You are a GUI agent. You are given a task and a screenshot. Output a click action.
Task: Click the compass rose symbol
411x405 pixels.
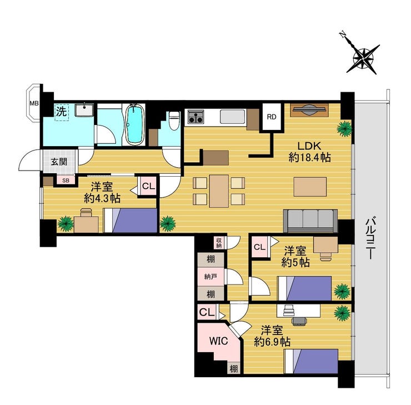coord(363,58)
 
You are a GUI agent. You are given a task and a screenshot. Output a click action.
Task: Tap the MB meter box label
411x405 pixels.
coord(34,103)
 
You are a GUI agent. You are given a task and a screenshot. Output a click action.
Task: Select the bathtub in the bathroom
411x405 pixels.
coord(135,124)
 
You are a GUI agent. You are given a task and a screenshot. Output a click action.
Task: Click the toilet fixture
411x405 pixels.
coord(174,121)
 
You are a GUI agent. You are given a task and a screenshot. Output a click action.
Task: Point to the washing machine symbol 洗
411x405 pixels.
coord(62,112)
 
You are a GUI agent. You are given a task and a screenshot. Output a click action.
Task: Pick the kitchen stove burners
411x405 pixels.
coord(196,117)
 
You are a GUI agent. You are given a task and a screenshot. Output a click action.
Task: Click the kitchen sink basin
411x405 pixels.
coord(233,117)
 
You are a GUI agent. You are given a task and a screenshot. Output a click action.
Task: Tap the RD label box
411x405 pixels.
coord(272,117)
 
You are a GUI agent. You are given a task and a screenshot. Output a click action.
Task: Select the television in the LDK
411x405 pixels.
coord(309,110)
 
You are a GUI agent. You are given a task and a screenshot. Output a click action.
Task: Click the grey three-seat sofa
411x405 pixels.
coord(310,221)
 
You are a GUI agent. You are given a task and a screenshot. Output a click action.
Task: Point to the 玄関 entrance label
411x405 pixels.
coord(59,162)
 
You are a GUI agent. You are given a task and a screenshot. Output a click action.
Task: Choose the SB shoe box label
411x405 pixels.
coord(66,181)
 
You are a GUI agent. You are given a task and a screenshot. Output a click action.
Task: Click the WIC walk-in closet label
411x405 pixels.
coord(218,341)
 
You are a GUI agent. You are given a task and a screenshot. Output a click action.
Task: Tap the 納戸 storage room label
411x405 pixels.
coord(210,277)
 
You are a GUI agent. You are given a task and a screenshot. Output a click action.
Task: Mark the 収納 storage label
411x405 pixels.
coord(219,242)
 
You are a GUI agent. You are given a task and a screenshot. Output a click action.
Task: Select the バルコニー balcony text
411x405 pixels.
coord(371,238)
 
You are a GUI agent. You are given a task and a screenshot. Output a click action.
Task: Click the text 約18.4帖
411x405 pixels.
coord(309,158)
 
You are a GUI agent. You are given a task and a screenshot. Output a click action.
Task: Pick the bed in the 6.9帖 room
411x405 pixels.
coord(312,361)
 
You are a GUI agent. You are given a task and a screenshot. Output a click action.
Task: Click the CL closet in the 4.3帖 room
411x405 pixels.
coord(148,186)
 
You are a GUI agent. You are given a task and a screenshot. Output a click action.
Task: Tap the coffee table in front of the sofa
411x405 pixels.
coord(310,187)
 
